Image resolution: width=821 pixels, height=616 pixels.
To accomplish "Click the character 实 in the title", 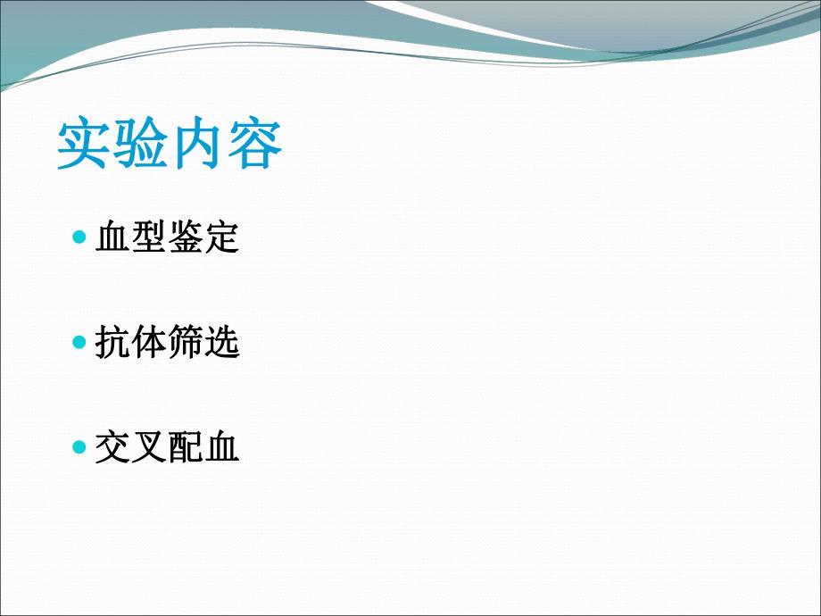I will pos(85,145).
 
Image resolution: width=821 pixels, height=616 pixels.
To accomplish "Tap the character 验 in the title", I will pos(141,145).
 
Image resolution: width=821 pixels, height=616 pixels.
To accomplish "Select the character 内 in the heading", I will pos(198,145).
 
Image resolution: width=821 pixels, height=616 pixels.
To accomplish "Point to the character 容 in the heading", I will pos(254,145).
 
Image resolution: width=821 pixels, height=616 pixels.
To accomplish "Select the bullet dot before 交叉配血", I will pos(79,446).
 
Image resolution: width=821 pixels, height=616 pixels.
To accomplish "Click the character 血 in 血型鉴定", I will pos(112,238).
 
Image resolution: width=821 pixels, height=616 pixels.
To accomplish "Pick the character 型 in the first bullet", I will pos(149,238).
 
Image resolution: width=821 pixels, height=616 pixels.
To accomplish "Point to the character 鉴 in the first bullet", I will pos(186,238).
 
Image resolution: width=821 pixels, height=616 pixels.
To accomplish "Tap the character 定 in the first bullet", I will pos(222,238).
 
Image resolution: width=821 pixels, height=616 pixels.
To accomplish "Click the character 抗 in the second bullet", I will pos(112,343).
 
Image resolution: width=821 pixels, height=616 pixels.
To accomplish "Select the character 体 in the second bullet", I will pos(149,343).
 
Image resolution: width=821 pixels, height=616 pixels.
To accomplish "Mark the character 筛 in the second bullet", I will pos(186,343).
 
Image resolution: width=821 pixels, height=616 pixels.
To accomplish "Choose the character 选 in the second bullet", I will pos(222,343).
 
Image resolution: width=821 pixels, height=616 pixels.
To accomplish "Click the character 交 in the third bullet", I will pos(112,447).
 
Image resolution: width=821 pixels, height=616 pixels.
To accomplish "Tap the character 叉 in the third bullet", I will pos(149,447).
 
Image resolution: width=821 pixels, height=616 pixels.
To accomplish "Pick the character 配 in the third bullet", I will pos(186,447).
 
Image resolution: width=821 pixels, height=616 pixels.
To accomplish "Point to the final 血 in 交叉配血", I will pos(222,447).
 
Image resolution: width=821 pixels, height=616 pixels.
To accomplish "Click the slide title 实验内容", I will pos(170,145).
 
